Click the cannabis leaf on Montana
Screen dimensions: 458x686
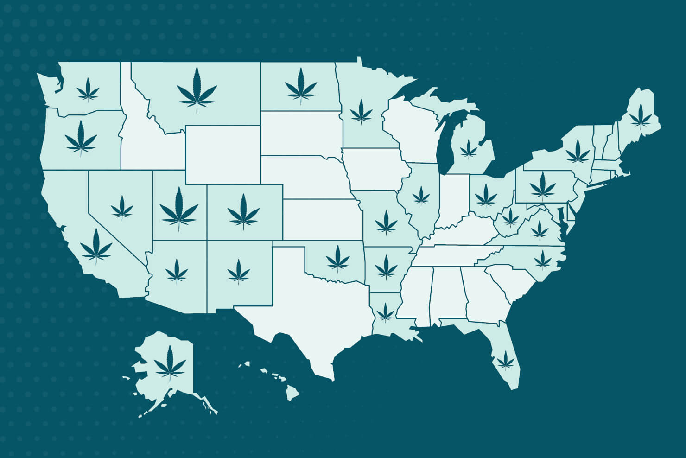click(x=197, y=90)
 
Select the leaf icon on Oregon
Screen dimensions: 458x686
click(x=81, y=138)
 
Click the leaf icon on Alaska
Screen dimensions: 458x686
click(x=170, y=363)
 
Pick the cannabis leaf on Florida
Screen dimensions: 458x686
click(x=506, y=359)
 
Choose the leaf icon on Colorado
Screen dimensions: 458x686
click(x=243, y=212)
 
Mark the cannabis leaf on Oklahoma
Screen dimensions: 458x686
click(x=338, y=258)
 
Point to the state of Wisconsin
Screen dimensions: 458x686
click(x=410, y=130)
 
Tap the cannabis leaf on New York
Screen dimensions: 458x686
click(x=578, y=152)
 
